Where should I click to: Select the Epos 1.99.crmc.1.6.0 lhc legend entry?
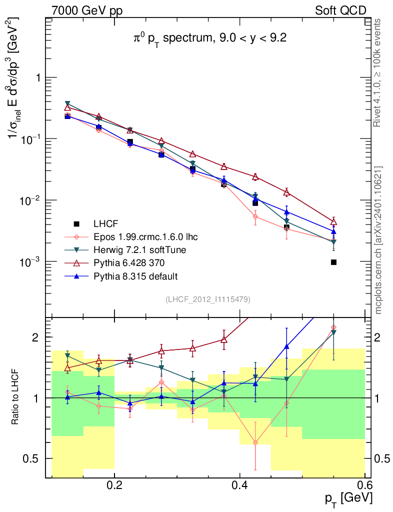coord(141,236)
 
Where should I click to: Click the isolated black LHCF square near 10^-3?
coord(333,262)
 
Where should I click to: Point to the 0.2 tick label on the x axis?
coord(114,485)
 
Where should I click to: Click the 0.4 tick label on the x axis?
coord(239,485)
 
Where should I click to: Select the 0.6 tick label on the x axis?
coord(364,485)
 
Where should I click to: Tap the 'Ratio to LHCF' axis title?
coord(16,397)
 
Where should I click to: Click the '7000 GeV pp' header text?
coord(87,10)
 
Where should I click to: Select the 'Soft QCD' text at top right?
coord(340,10)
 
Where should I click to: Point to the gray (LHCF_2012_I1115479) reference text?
coord(208,299)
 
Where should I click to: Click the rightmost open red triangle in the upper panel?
coord(333,221)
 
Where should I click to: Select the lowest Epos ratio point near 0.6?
coord(255,442)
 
